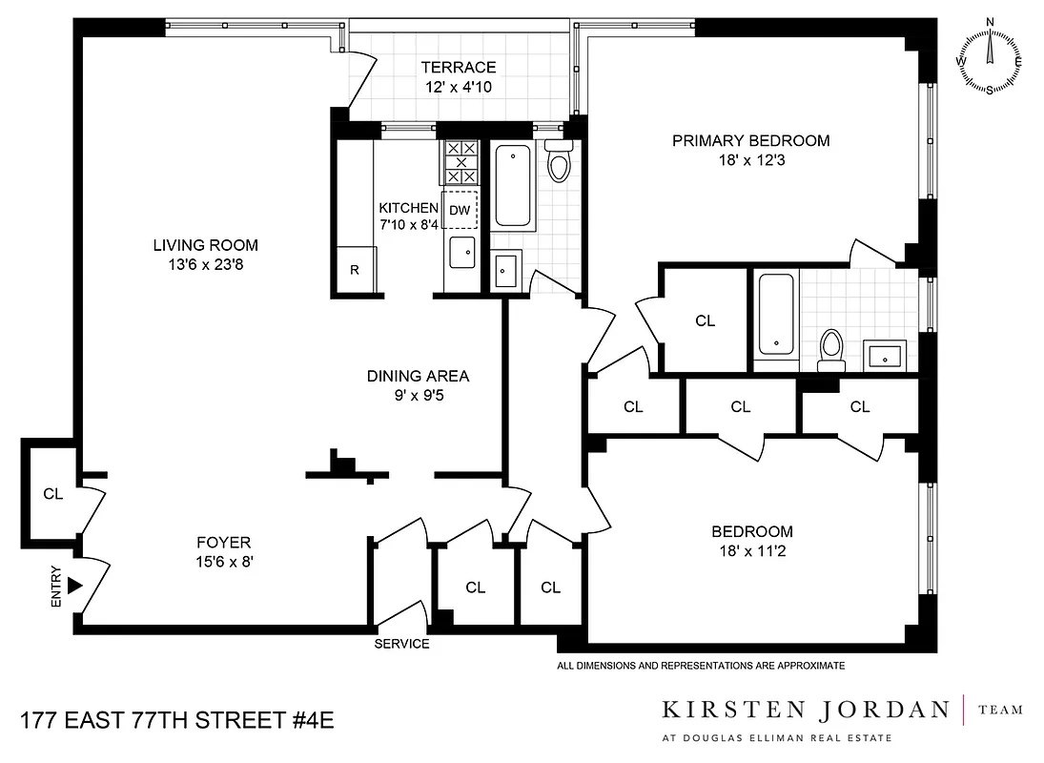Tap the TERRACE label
(x=461, y=68)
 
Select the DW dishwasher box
(x=460, y=210)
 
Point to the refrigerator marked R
(x=355, y=269)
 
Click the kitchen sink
(x=464, y=253)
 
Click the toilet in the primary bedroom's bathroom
(x=831, y=349)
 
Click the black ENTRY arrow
(x=74, y=585)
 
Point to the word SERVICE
(x=401, y=644)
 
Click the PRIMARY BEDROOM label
(x=750, y=141)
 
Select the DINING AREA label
(x=418, y=376)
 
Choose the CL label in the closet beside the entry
(x=52, y=494)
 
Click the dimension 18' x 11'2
(x=752, y=551)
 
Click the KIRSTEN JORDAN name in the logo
(x=806, y=710)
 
